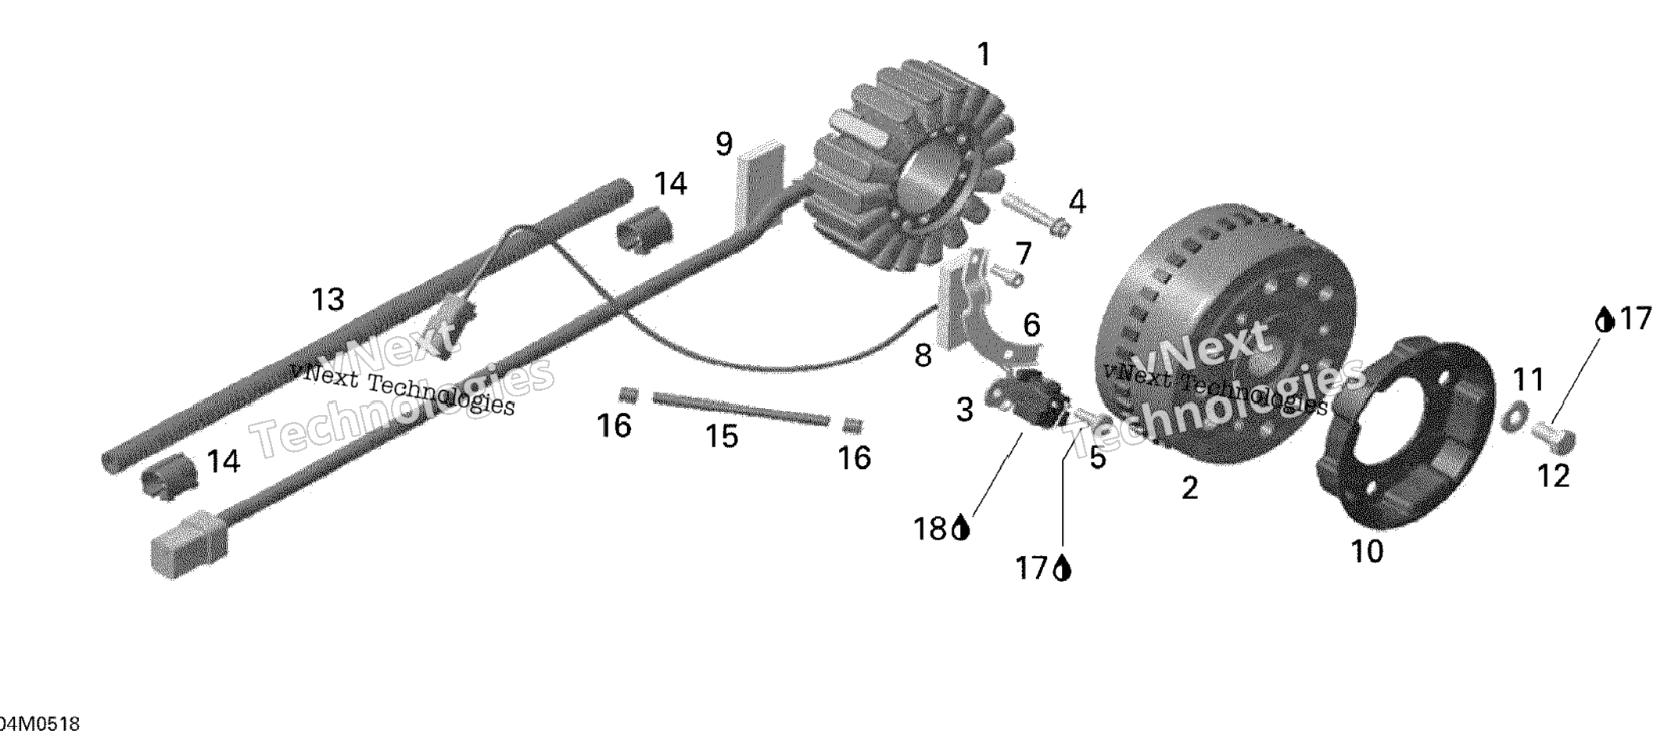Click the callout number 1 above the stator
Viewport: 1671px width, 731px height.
[x=984, y=55]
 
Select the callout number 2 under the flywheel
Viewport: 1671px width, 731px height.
[x=1189, y=489]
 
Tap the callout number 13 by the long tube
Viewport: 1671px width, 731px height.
[x=328, y=299]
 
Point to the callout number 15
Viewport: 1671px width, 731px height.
[x=721, y=436]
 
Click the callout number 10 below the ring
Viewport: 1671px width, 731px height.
[x=1367, y=552]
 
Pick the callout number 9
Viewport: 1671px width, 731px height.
[x=724, y=145]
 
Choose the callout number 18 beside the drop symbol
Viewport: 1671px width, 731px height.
[x=930, y=530]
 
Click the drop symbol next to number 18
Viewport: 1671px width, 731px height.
[x=961, y=530]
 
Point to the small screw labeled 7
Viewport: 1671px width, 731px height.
[x=1006, y=274]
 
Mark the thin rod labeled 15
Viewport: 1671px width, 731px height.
[x=740, y=410]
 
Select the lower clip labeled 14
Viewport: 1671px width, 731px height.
[x=168, y=475]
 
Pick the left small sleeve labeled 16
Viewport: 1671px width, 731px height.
[x=629, y=395]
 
